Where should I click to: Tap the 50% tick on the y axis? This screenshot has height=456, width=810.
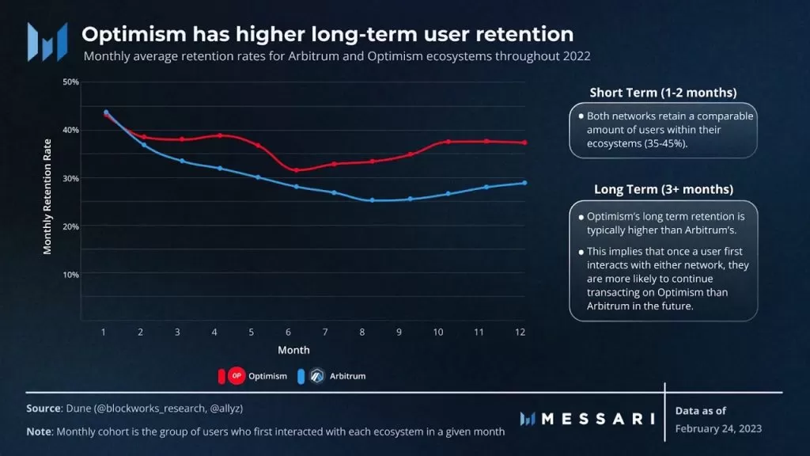[71, 82]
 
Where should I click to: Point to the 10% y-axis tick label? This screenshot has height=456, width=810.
[71, 275]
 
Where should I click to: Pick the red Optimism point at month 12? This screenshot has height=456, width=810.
[524, 142]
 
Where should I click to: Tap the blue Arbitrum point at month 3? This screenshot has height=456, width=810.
[181, 161]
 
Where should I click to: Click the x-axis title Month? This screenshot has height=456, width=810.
[293, 350]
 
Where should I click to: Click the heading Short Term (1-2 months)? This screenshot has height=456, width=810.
[663, 93]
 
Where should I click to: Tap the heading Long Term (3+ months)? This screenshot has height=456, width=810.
[663, 189]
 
